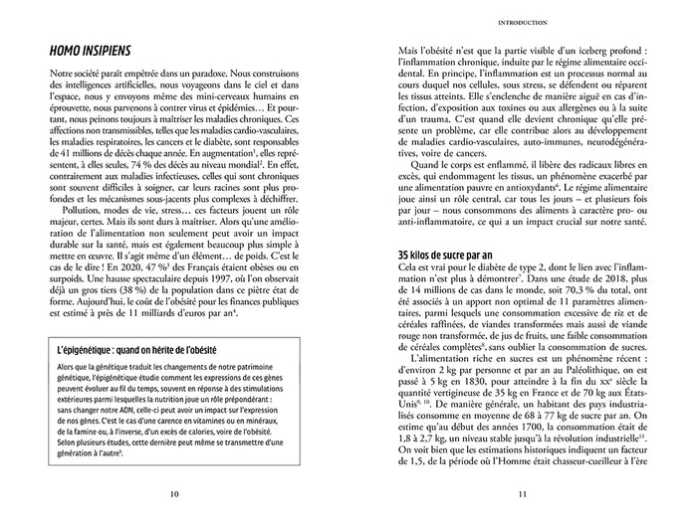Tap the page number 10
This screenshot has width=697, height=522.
click(x=174, y=493)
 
